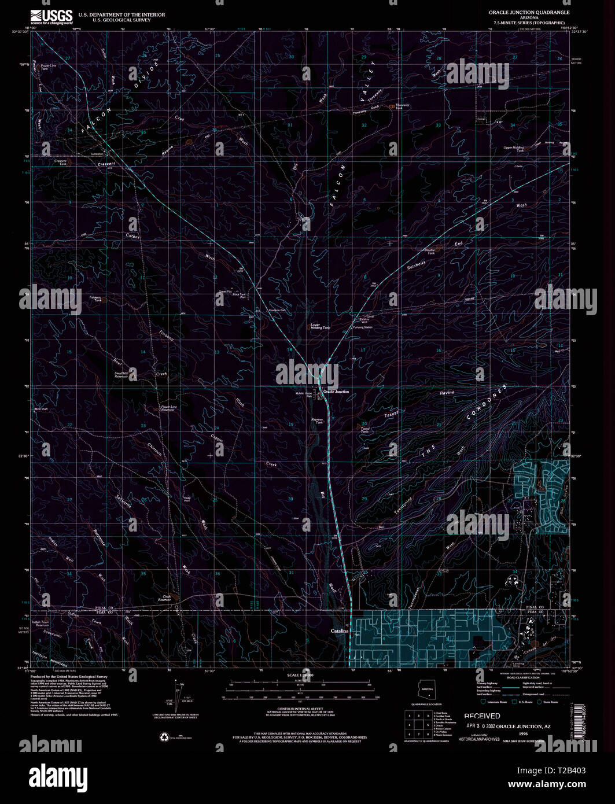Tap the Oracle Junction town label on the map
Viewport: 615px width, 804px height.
click(336, 392)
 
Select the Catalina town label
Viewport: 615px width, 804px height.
click(339, 630)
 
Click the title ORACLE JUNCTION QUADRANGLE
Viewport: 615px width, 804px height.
click(529, 12)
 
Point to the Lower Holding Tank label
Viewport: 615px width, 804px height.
click(320, 326)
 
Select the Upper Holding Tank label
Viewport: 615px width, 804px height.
click(513, 149)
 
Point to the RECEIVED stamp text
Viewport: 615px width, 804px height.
click(482, 716)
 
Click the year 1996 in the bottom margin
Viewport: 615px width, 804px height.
click(524, 733)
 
